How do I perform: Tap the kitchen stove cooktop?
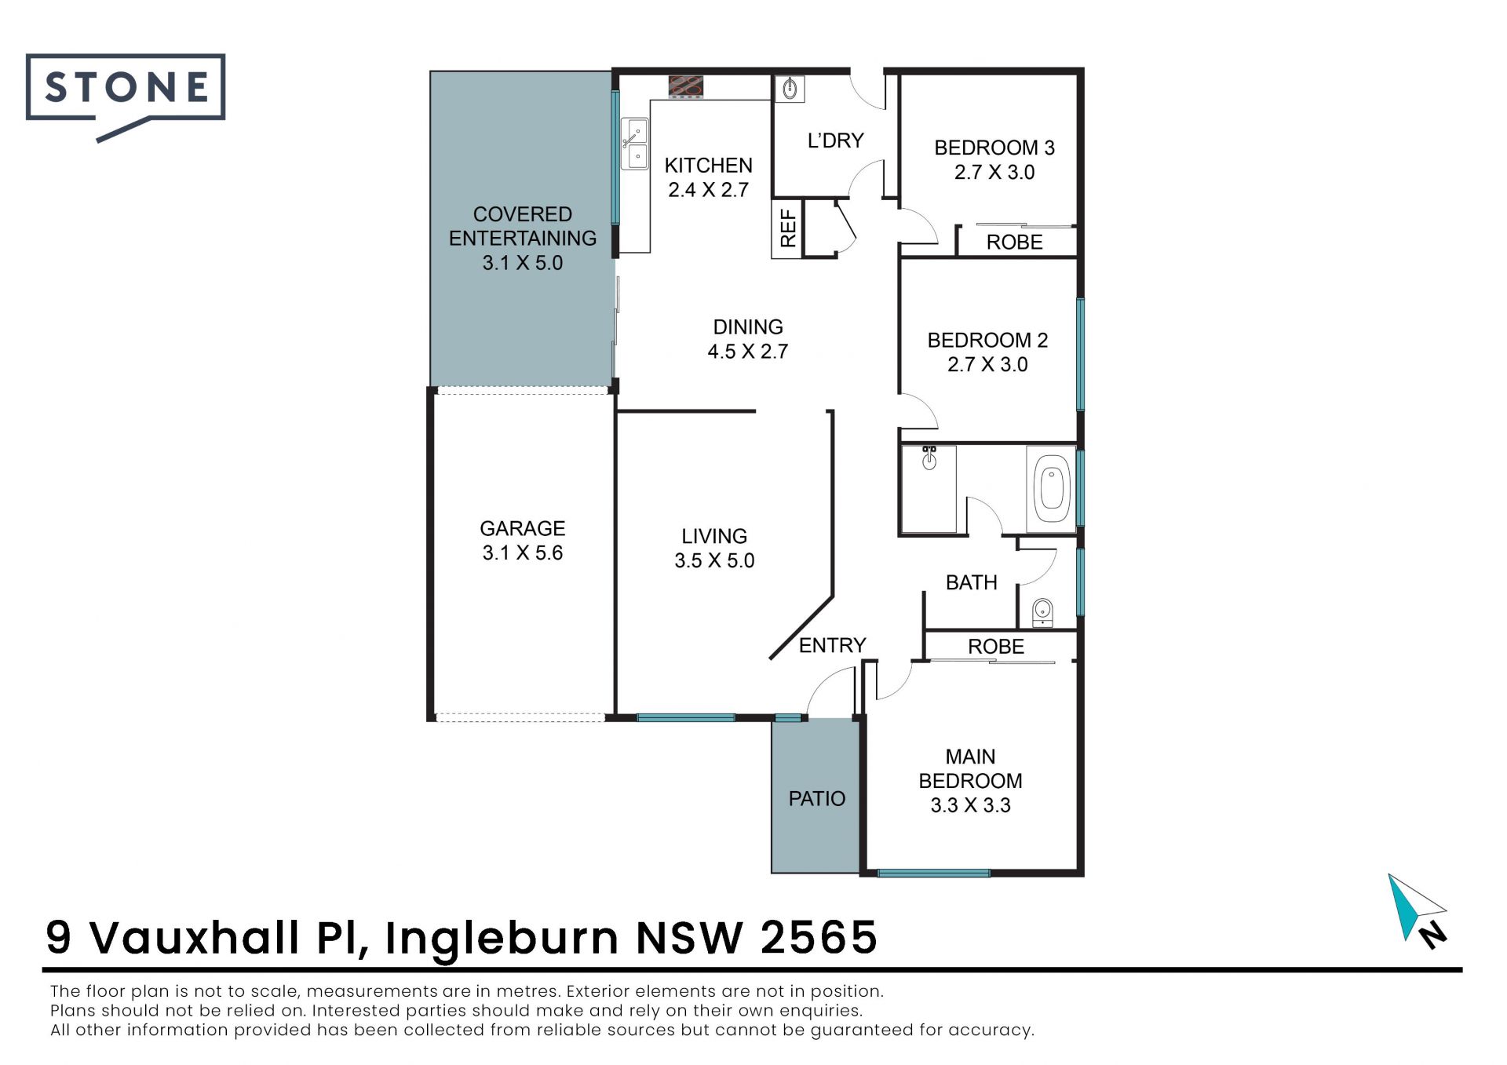[x=685, y=86]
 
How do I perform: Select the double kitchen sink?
[x=635, y=144]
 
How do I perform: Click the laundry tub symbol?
[x=790, y=89]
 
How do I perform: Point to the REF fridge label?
[x=788, y=228]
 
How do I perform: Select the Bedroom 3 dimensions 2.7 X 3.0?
[x=994, y=173]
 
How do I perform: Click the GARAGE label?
[x=523, y=528]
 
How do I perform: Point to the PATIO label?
[x=817, y=799]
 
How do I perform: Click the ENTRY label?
[x=833, y=645]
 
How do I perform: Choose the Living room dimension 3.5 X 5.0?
[x=714, y=561]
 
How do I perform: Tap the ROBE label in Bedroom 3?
[x=1015, y=243]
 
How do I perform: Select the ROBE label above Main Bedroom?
[x=996, y=647]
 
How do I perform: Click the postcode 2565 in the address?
[x=819, y=937]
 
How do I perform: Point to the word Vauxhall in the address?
[x=195, y=937]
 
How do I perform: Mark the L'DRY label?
[x=836, y=140]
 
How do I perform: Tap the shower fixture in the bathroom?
[x=929, y=458]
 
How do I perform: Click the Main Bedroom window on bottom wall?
[x=933, y=873]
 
